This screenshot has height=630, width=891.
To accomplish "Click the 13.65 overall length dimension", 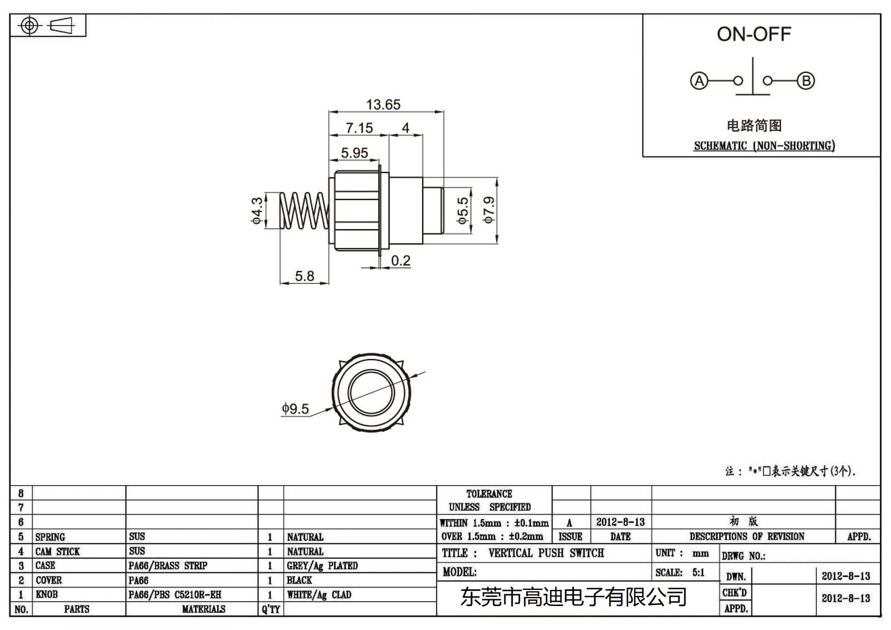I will point(383,105).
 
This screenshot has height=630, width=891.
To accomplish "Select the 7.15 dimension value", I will point(359,128).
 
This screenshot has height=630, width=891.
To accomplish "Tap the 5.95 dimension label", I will point(354,153).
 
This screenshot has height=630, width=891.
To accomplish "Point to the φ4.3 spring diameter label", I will point(257,210).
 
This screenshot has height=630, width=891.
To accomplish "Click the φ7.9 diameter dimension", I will point(489,210).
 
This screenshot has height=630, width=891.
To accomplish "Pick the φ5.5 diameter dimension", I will point(463,211).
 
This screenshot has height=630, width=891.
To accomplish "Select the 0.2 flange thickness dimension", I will point(400,261).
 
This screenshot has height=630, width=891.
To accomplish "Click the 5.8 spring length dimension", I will point(304,276).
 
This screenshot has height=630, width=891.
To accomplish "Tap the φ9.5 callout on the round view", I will point(295,409).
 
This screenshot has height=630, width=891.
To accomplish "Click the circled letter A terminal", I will point(699,81).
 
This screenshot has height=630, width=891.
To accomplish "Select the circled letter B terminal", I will point(806,81).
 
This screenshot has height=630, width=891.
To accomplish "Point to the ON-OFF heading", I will point(753,35).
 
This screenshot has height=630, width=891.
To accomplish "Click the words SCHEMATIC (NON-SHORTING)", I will point(764,146).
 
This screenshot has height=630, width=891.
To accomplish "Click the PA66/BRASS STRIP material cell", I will point(168,566).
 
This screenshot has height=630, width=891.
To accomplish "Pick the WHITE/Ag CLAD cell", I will point(319,595).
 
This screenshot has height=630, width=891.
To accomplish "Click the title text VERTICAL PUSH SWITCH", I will point(546,553).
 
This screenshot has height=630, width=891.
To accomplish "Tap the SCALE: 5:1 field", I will point(680,573).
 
